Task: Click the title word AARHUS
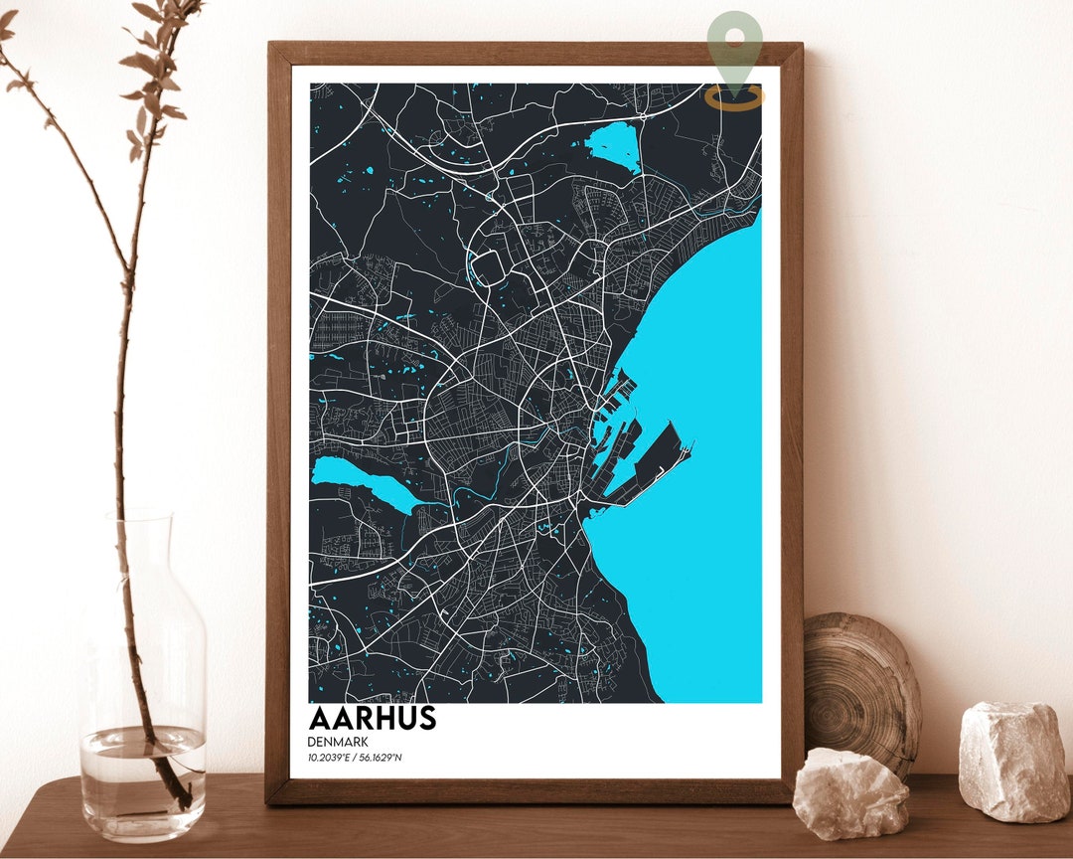373,718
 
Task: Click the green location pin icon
735,45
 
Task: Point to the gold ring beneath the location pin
735,97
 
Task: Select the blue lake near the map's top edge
614,147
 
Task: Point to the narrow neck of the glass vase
139,557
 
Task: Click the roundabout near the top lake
643,116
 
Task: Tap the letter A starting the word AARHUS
320,718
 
